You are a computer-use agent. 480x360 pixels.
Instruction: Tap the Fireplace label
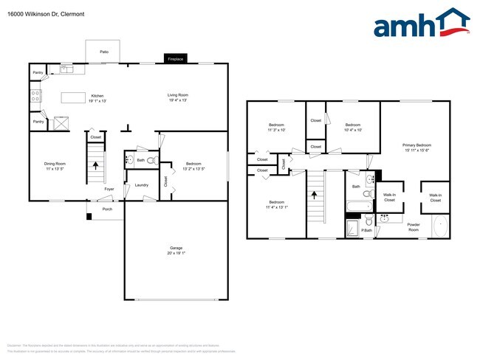tap(175, 58)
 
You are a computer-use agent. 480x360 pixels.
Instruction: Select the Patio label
tap(104, 52)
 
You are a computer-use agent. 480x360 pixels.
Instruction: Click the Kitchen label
tap(97, 97)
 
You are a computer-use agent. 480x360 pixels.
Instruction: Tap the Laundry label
tap(142, 185)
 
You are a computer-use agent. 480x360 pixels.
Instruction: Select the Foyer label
tap(109, 190)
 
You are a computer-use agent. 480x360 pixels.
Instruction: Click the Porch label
tap(107, 210)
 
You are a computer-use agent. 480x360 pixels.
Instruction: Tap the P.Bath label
tap(366, 231)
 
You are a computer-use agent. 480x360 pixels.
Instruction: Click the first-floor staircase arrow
tap(95, 166)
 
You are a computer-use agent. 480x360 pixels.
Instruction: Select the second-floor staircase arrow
tap(315, 196)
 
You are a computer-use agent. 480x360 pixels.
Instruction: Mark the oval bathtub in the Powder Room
tap(440, 225)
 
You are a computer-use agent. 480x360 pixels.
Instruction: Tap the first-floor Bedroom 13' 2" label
tap(193, 165)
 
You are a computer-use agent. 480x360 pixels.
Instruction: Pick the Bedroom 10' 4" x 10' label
tap(353, 128)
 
